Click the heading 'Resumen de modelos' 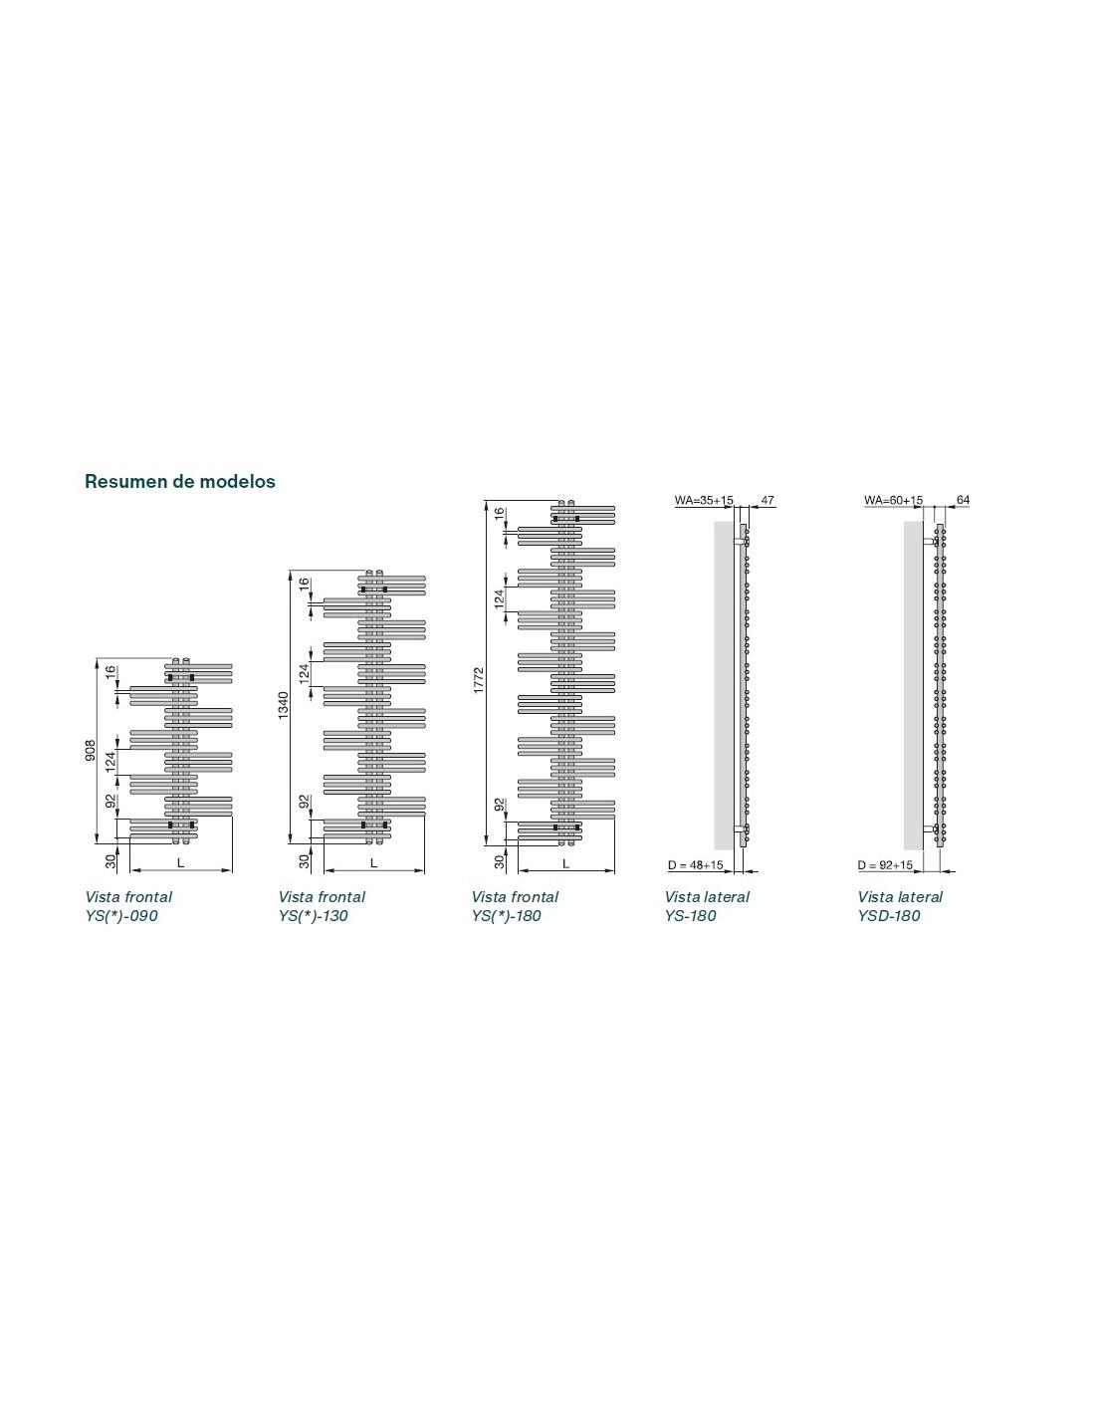point(180,482)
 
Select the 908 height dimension point(90,748)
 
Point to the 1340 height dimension point(283,705)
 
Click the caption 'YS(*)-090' point(121,916)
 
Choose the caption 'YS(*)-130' point(314,916)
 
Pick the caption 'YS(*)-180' point(507,916)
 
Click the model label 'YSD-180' point(889,916)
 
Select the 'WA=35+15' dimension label point(704,501)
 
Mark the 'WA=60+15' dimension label point(894,501)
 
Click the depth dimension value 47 point(766,501)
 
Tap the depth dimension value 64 point(963,501)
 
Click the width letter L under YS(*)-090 point(181,862)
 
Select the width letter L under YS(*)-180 point(566,862)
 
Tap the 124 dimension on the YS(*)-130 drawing point(305,671)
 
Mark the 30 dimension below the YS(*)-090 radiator point(110,861)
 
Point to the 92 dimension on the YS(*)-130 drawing point(305,802)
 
